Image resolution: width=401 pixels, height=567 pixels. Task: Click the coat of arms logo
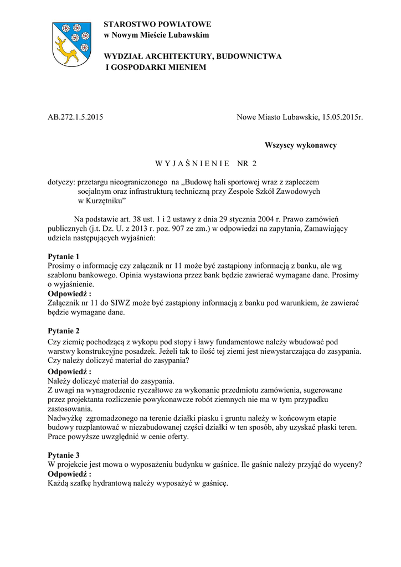(71, 45)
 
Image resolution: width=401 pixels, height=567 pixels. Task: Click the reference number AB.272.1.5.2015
(75, 117)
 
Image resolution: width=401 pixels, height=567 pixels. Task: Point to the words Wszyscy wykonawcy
(300, 145)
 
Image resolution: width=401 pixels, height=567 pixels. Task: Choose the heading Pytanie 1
(64, 256)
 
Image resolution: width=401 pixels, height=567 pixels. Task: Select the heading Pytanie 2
(64, 331)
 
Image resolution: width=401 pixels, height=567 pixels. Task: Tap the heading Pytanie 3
(64, 455)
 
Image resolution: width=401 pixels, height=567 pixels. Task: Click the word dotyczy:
(61, 181)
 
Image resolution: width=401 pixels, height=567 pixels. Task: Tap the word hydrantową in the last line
(110, 483)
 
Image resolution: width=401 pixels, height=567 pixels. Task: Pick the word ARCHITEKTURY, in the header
(181, 56)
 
